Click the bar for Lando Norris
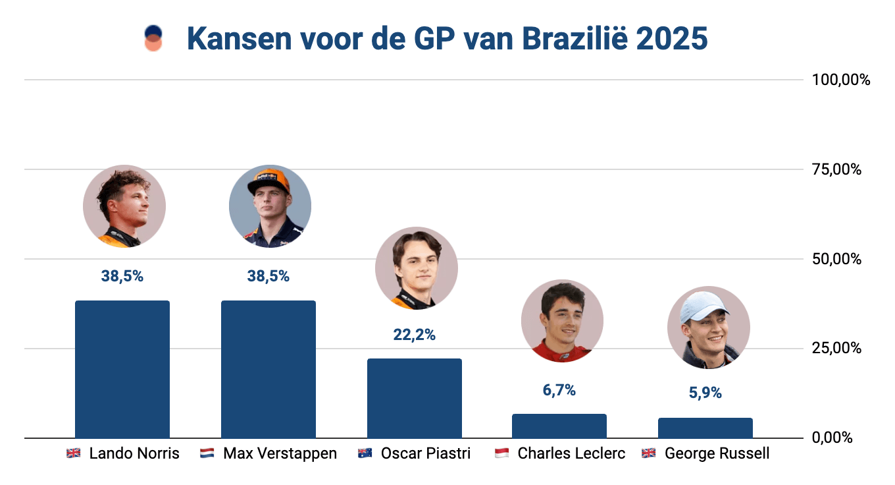pos(122,369)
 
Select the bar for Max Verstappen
pos(268,369)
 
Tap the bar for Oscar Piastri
pos(415,398)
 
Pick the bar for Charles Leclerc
pos(559,426)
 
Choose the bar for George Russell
pos(705,428)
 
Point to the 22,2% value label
pos(415,335)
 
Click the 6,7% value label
pos(559,390)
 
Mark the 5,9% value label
pos(705,393)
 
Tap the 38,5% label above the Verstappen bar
pos(268,276)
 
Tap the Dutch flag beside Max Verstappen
pos(207,454)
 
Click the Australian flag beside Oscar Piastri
pos(365,454)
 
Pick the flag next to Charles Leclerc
pos(501,454)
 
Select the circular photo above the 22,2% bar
pos(416,268)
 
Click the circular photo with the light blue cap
pos(708,328)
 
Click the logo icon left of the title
pos(153,38)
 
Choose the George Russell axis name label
pos(717,454)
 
